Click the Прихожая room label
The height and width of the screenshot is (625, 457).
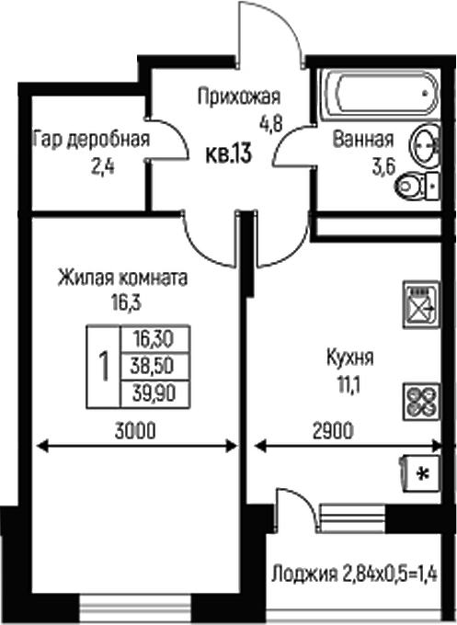click(x=238, y=95)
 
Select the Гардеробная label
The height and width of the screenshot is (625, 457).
click(x=90, y=140)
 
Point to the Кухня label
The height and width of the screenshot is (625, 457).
click(x=350, y=356)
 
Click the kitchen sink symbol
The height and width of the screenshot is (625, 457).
click(x=418, y=304)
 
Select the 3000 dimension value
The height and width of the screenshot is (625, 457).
click(x=134, y=430)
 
